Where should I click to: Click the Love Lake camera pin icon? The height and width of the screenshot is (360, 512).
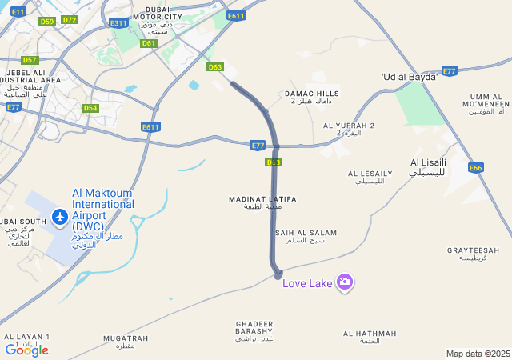click(345, 282)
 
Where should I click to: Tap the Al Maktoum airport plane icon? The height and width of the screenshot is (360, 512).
click(59, 216)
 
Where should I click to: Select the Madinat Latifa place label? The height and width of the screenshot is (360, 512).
click(262, 202)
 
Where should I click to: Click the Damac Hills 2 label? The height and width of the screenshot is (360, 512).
click(312, 98)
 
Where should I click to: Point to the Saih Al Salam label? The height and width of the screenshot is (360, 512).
click(306, 236)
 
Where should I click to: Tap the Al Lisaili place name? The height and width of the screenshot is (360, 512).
click(428, 166)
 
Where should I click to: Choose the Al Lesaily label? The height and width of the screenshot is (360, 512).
click(370, 177)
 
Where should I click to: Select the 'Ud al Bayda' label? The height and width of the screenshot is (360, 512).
click(410, 77)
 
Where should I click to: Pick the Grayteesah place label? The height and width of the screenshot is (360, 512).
click(474, 254)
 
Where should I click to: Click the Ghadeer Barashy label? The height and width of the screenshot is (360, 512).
click(255, 331)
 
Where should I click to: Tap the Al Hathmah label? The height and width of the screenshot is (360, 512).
click(370, 337)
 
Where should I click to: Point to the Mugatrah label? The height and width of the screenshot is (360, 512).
click(126, 342)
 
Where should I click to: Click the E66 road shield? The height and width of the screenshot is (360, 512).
click(476, 168)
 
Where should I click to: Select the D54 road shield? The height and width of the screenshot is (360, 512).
click(90, 108)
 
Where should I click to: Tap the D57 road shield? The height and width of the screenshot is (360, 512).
click(30, 60)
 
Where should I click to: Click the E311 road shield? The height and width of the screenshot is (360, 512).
click(118, 23)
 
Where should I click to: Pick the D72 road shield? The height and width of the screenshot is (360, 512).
click(70, 20)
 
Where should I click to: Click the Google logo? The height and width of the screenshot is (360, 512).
click(26, 350)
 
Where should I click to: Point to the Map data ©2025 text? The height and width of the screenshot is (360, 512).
click(478, 354)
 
